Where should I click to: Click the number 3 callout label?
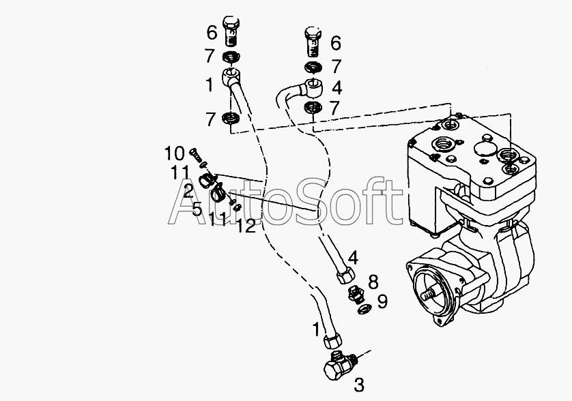[x=359, y=385]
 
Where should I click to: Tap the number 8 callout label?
[x=373, y=282]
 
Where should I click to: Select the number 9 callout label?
[x=382, y=301]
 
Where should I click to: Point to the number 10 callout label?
[x=175, y=153]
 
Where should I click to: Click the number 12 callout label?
[x=246, y=226]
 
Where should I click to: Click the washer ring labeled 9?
[x=364, y=310]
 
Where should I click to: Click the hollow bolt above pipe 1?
[x=231, y=31]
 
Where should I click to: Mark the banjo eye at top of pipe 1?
[x=231, y=76]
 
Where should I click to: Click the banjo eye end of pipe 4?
[x=312, y=88]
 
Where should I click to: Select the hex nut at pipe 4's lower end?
[x=345, y=274]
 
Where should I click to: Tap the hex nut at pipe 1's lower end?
[x=332, y=340]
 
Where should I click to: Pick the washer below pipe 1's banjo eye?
[x=231, y=118]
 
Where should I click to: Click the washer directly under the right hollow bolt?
[x=313, y=67]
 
